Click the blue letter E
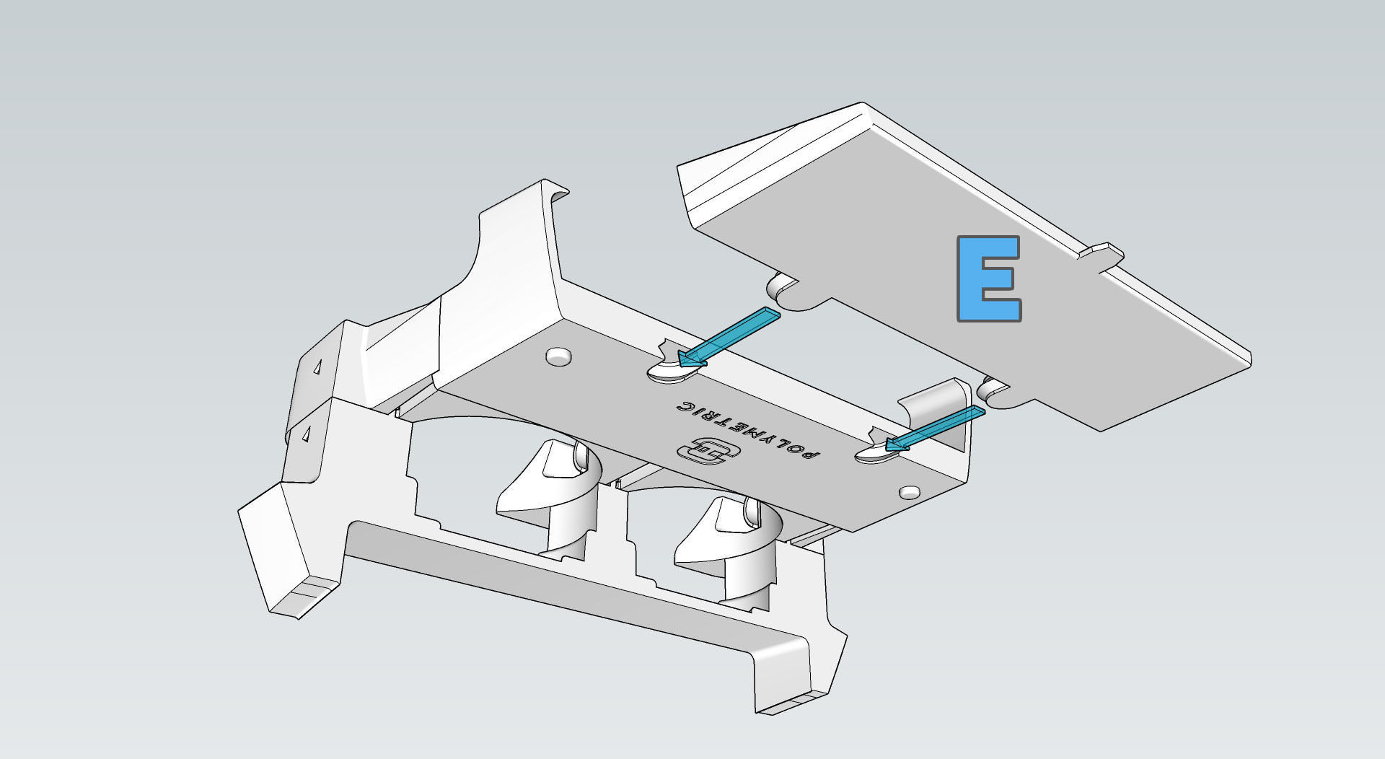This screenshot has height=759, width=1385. coord(988,278)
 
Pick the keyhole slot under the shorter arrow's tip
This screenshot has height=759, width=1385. coord(876,455)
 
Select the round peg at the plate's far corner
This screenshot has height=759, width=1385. coord(910,491)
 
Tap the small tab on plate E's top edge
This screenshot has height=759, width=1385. coord(1102,253)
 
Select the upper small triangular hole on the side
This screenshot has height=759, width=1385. coord(317,367)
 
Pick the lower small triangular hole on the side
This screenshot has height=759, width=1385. coord(306,434)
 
